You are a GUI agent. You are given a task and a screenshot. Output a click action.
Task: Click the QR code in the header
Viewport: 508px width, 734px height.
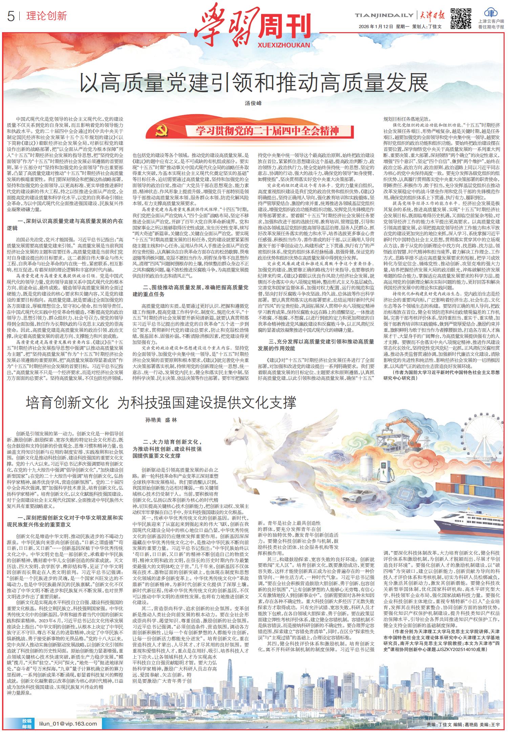[x=461, y=18]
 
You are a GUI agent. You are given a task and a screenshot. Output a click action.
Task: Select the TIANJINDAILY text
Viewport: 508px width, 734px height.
[x=384, y=15]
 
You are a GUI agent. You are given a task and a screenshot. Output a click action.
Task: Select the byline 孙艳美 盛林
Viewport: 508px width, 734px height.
[x=161, y=420]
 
